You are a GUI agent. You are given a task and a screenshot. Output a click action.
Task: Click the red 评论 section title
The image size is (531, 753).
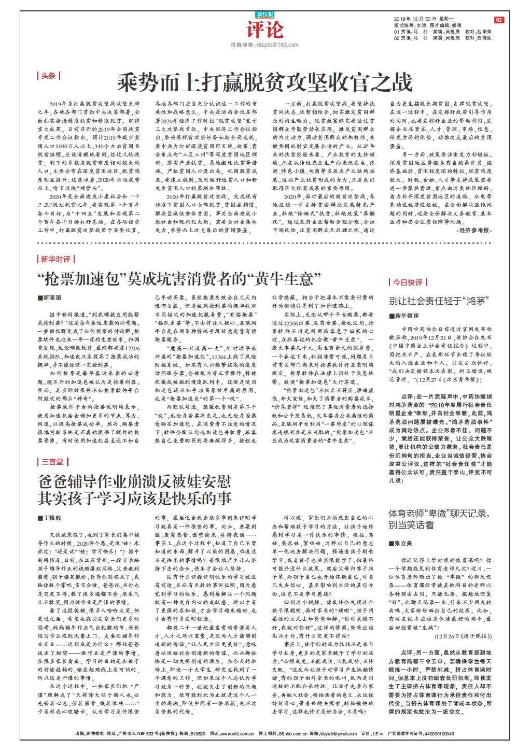(x=265, y=31)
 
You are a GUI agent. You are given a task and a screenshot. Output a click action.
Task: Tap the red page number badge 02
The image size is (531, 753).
(x=499, y=20)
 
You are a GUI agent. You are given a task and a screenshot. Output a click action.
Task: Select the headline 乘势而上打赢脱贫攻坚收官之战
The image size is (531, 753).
(x=264, y=82)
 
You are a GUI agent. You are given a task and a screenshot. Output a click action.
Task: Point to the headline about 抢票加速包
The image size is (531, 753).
(x=176, y=280)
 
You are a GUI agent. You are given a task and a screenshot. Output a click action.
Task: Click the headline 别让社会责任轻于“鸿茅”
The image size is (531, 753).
(x=440, y=301)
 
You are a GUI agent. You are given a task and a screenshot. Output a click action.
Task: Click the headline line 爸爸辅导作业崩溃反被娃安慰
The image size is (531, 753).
(x=134, y=481)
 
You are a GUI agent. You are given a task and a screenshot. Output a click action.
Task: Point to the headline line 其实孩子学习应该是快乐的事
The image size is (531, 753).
(x=134, y=499)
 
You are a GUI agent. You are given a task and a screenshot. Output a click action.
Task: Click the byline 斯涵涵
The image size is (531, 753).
(x=52, y=299)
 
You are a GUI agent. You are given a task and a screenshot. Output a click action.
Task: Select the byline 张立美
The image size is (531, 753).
(x=402, y=543)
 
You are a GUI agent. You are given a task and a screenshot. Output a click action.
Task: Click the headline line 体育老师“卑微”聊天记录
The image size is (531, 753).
(x=439, y=514)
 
